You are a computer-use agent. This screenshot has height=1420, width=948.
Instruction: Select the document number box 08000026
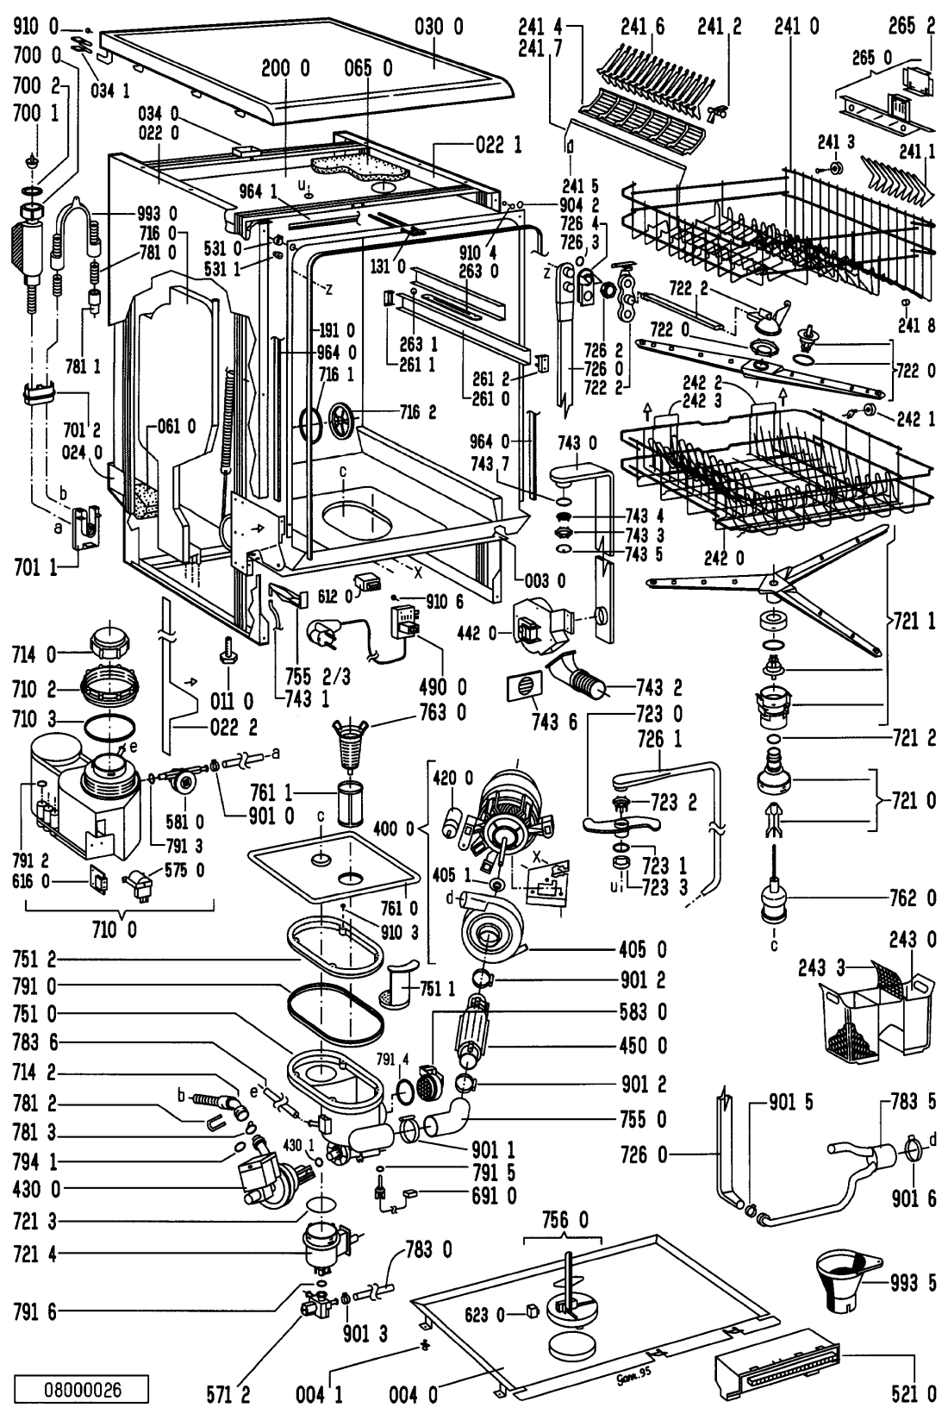pyautogui.click(x=83, y=1390)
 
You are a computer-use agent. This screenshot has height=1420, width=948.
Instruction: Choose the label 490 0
pyautogui.click(x=449, y=687)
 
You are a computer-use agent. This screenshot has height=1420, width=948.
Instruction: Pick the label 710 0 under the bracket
pyautogui.click(x=119, y=932)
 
